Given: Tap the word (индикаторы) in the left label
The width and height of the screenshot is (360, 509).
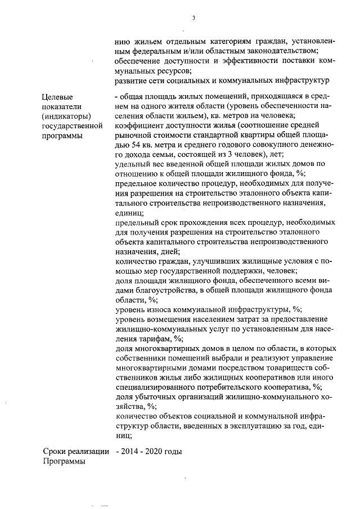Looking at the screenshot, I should click(x=66, y=116).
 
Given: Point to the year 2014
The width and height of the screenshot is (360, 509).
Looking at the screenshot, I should click(x=130, y=452).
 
